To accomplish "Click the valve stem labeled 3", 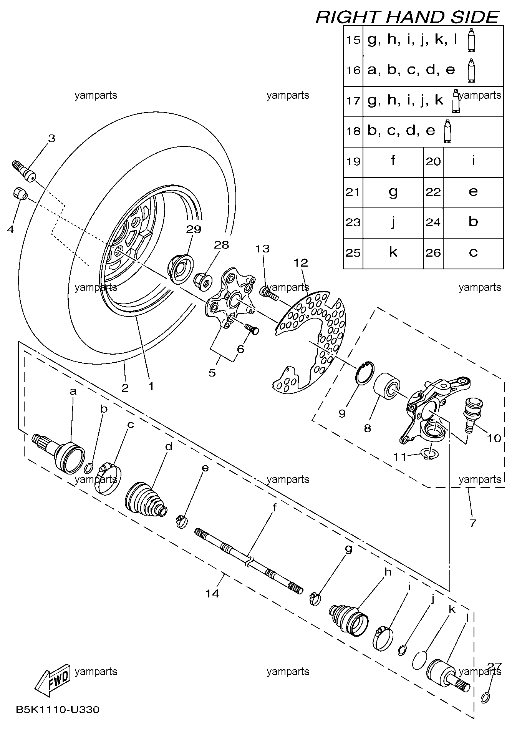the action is coord(24,171).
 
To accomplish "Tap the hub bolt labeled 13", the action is coord(269,293).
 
